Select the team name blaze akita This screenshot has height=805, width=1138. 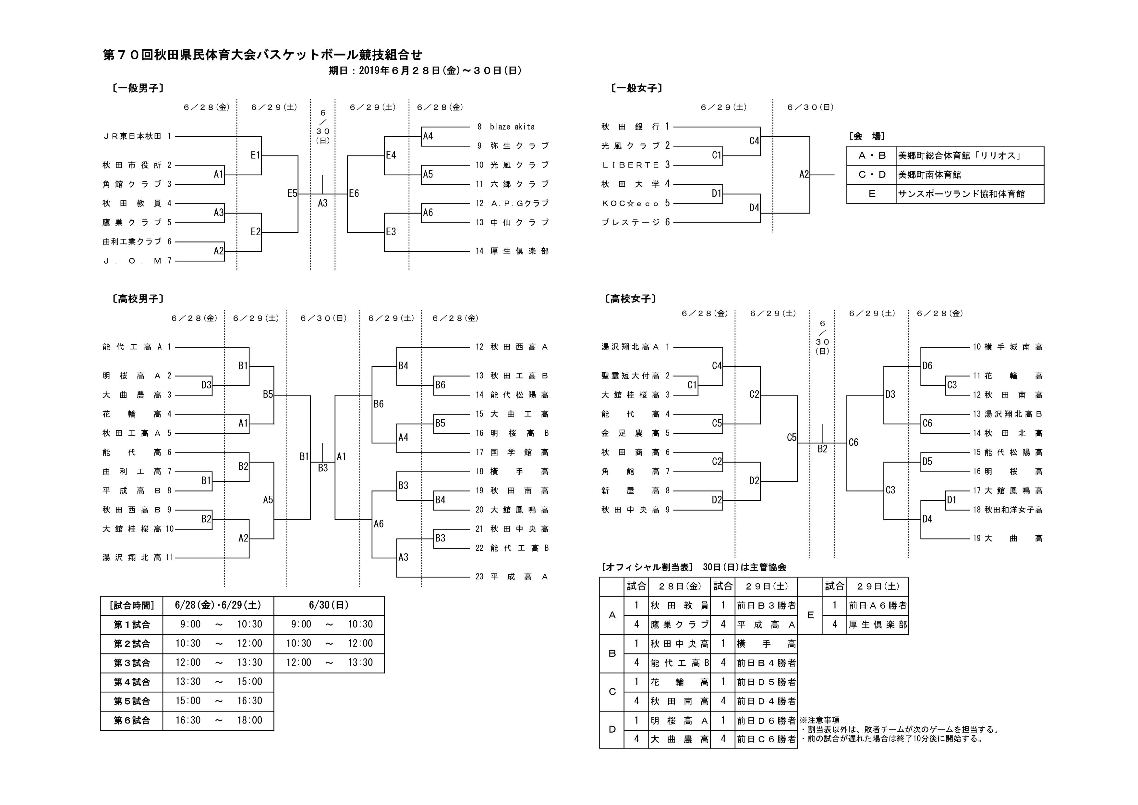coord(512,127)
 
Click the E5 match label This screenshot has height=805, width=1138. coord(292,193)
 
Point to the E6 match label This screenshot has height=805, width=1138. coord(354,193)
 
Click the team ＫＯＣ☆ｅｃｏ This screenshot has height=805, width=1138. coord(630,203)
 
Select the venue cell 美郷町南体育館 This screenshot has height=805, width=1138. coord(929,175)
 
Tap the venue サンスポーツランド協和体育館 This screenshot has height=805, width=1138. coord(961,194)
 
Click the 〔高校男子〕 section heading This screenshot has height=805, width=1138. coord(138,299)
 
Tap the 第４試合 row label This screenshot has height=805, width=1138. coord(131,682)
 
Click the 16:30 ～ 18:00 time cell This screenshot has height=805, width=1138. coord(218,720)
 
